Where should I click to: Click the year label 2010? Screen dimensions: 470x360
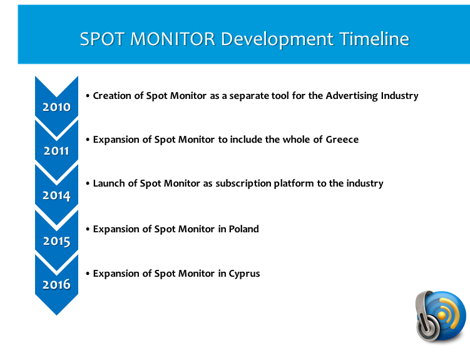[x=56, y=107]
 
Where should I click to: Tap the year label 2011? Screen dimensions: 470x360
[x=56, y=151]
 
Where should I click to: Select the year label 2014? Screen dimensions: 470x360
[x=56, y=196]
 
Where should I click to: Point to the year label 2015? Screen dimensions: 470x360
[x=56, y=241]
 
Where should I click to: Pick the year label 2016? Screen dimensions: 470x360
[x=56, y=284]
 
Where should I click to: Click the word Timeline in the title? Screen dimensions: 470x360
[x=374, y=39]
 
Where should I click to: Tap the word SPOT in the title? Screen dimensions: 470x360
[x=102, y=39]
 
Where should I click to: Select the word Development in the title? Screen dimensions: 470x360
[x=277, y=39]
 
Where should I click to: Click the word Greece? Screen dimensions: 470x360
[x=342, y=140]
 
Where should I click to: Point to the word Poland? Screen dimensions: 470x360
[x=243, y=229]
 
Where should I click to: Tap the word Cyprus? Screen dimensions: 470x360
[x=244, y=274]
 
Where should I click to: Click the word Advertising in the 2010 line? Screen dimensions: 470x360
[x=352, y=96]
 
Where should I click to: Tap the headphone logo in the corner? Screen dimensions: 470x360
[x=441, y=316]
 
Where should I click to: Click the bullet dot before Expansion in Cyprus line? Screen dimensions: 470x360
[x=88, y=274]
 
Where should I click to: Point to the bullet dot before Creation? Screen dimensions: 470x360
[x=88, y=96]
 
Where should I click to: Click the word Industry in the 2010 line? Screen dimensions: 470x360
[x=399, y=96]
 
